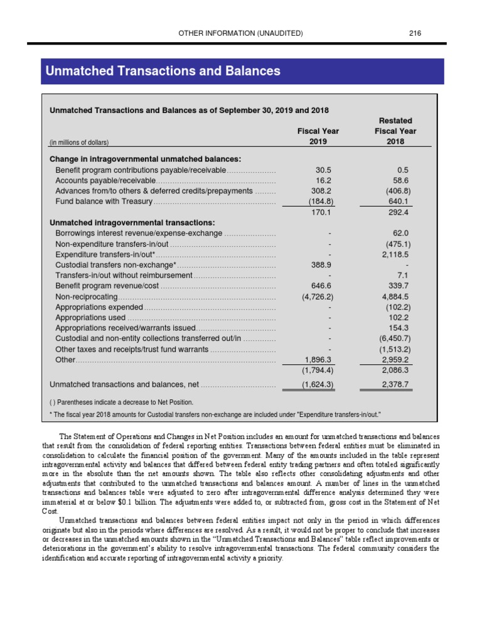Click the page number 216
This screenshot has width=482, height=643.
coord(414,33)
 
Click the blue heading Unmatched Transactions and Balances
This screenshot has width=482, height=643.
coord(163,72)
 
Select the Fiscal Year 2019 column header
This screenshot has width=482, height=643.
coord(318,136)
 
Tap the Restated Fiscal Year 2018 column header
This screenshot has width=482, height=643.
coord(395,131)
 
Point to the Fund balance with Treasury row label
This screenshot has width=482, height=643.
coord(104,201)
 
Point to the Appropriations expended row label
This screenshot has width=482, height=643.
coord(99,307)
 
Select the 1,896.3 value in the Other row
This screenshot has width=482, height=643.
coord(318,360)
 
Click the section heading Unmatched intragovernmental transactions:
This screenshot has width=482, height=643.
coord(132,222)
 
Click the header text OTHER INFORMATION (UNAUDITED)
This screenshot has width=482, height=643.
coord(241,33)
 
